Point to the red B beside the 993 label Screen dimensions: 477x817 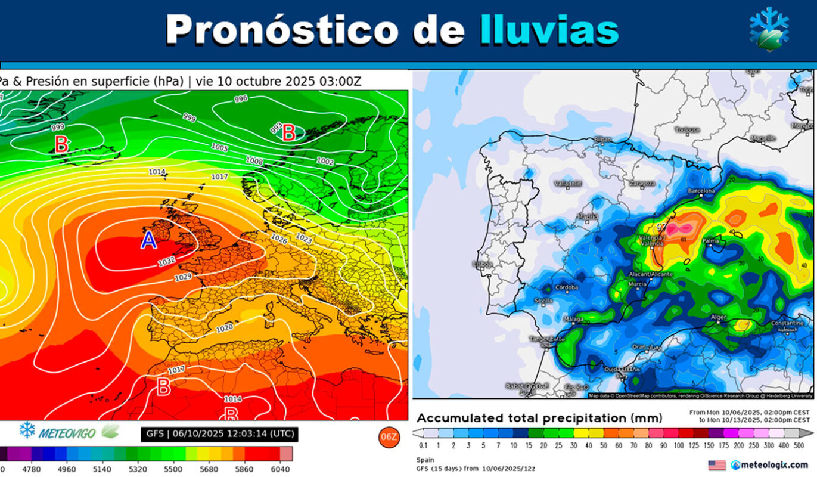pyautogui.click(x=289, y=133)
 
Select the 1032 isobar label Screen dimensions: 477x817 pyautogui.click(x=167, y=262)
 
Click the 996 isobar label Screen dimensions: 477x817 pyautogui.click(x=241, y=99)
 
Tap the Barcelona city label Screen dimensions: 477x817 pyautogui.click(x=701, y=191)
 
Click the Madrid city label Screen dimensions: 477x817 pyautogui.click(x=588, y=217)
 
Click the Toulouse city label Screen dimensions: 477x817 pyautogui.click(x=687, y=129)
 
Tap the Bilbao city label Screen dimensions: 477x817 pyautogui.click(x=602, y=139)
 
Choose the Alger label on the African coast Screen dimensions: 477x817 pyautogui.click(x=719, y=317)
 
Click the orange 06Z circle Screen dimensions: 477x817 pyautogui.click(x=388, y=437)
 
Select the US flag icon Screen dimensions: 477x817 pyautogui.click(x=717, y=465)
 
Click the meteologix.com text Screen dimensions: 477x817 pyautogui.click(x=773, y=465)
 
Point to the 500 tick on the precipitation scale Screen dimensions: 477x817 pyautogui.click(x=799, y=445)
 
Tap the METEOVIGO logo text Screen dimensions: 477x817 pyautogui.click(x=66, y=433)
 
